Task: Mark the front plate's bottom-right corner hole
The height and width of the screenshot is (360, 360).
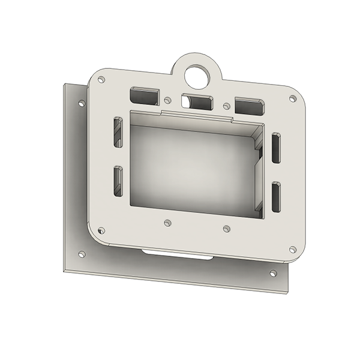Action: point(292,249)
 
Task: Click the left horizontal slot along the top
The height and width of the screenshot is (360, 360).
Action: point(144,95)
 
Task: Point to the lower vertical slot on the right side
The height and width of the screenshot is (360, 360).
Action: point(275,196)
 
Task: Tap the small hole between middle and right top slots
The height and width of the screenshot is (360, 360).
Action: point(226,106)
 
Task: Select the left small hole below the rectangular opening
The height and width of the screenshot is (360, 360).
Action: point(167,223)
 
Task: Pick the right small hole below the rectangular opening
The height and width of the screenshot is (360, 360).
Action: point(226,228)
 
